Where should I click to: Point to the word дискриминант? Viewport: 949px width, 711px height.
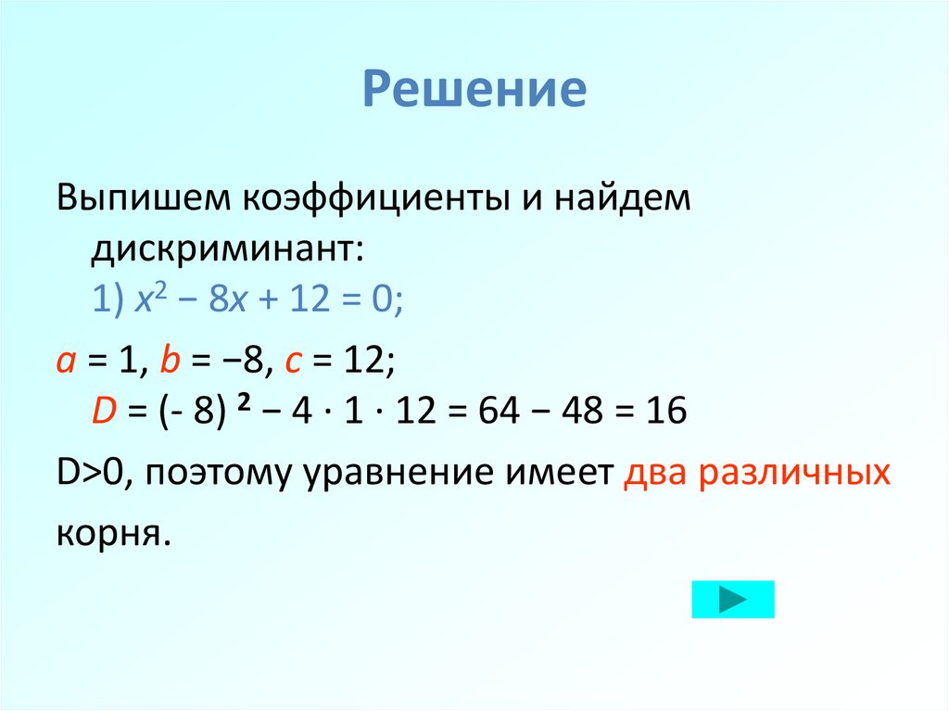(x=227, y=250)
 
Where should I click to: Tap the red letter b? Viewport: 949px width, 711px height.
(x=170, y=362)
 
